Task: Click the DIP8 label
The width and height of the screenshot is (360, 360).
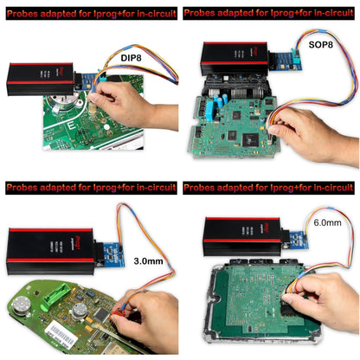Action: (x=132, y=57)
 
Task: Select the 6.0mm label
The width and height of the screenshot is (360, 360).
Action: (x=326, y=222)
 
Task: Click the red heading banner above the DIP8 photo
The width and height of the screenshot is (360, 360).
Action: (x=90, y=14)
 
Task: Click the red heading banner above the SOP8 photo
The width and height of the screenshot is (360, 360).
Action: (x=269, y=14)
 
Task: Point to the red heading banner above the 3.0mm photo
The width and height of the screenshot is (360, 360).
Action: (x=90, y=187)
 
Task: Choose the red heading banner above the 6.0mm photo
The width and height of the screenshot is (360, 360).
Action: (x=269, y=187)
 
